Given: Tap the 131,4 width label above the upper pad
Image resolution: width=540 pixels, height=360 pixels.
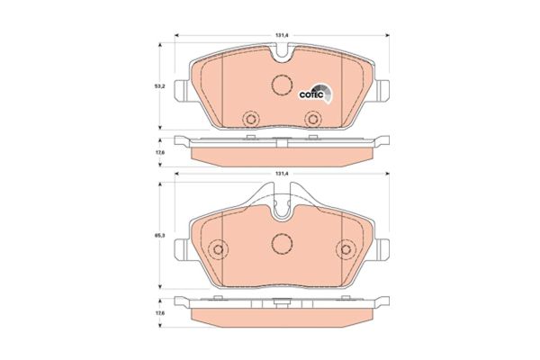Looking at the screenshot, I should pyautogui.click(x=281, y=35).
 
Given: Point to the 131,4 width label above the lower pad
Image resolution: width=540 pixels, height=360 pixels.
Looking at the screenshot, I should pyautogui.click(x=281, y=173).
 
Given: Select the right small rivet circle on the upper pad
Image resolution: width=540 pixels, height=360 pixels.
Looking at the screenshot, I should pyautogui.click(x=312, y=117).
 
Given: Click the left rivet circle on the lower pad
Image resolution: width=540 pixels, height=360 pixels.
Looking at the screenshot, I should pyautogui.click(x=217, y=251).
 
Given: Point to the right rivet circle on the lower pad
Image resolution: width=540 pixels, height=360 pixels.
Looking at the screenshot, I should pyautogui.click(x=346, y=251).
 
